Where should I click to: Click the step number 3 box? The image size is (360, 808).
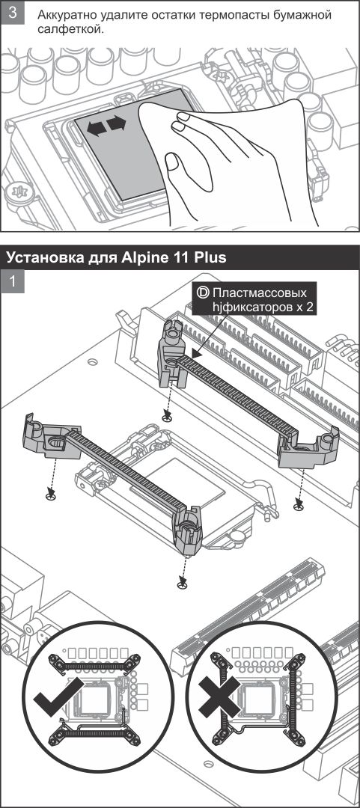click(x=13, y=13)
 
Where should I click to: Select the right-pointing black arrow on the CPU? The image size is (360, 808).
click(x=117, y=124)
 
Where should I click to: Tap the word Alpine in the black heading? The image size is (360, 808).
click(x=144, y=257)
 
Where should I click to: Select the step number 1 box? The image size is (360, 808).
click(x=13, y=281)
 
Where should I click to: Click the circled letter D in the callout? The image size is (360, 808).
click(x=204, y=293)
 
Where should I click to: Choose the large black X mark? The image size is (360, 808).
click(x=220, y=697)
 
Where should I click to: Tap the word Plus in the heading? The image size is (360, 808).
click(x=210, y=257)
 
